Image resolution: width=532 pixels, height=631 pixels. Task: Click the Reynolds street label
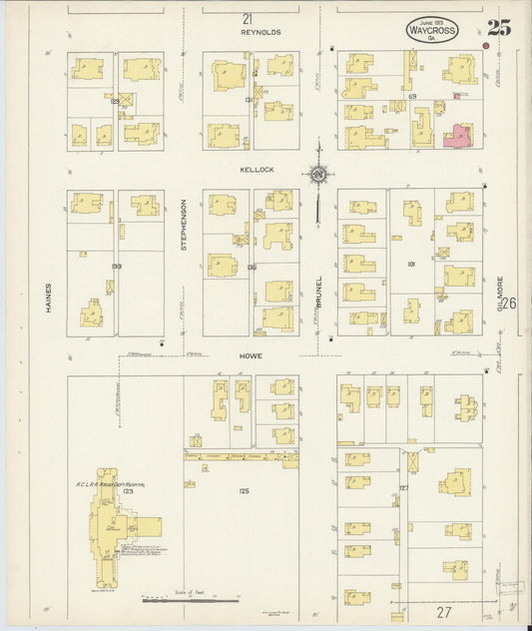(261, 33)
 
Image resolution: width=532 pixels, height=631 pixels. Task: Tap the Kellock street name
(257, 170)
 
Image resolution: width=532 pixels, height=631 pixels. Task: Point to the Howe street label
(251, 354)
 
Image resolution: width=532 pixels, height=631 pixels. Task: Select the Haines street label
(47, 298)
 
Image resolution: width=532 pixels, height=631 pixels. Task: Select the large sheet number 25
(499, 28)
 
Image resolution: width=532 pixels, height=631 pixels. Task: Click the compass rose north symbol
(318, 176)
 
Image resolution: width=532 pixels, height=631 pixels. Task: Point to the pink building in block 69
(458, 137)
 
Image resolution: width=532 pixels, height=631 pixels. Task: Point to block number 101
(410, 265)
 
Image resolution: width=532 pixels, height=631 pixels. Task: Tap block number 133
(117, 267)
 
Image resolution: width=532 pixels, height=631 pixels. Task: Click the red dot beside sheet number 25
(486, 45)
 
